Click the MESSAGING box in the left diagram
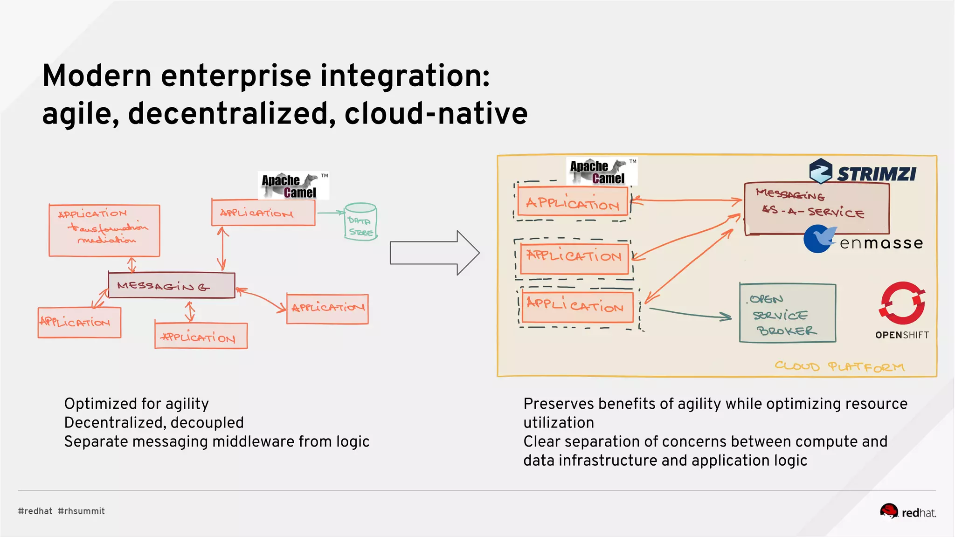coord(171,285)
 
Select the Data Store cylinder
coord(360,222)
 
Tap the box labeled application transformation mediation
coord(104,230)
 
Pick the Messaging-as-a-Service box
coord(816,208)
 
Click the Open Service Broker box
coord(788,313)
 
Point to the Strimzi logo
coord(863,171)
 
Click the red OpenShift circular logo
coord(902,303)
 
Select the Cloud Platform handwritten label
coord(839,366)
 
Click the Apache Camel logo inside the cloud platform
coord(602,172)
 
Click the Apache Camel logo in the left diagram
coord(293,186)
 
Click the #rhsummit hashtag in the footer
coord(82,511)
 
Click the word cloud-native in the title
coord(436,114)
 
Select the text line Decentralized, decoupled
coord(154,422)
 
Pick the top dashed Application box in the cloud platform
coord(573,202)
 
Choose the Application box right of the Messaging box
coord(327,308)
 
